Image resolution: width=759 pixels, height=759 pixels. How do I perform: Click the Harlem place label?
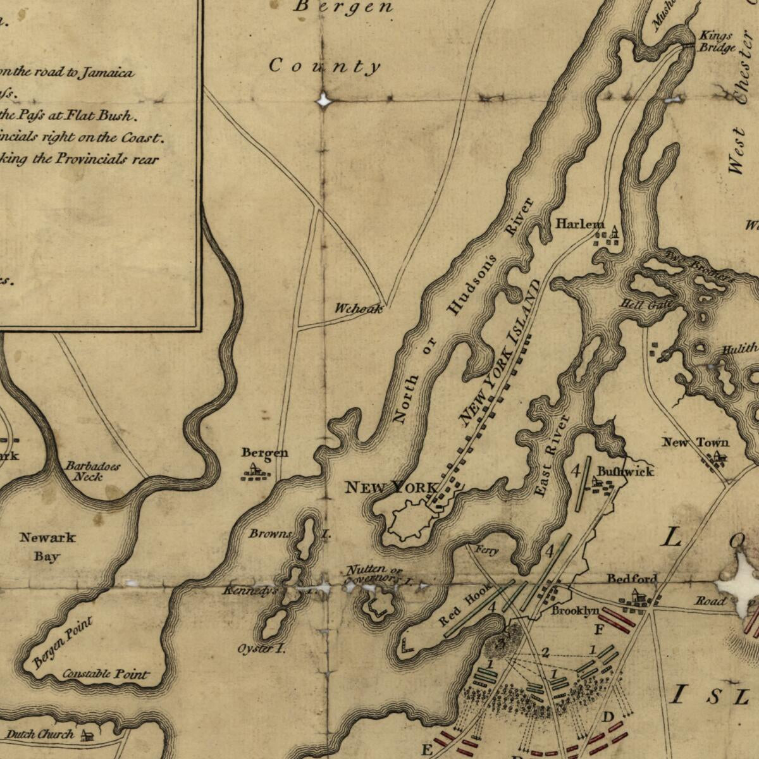pos(579,225)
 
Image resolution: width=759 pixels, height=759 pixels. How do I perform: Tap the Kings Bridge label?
pos(717,42)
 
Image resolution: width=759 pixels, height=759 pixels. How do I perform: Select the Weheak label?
pos(359,309)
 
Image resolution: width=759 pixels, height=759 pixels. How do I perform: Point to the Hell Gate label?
pos(642,305)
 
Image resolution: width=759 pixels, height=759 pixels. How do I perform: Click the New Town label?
pos(695,442)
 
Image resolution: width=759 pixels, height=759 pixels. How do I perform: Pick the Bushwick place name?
pos(626,471)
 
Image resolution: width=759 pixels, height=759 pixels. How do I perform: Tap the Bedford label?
pos(632,578)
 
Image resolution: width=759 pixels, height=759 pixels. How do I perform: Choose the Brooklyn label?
pos(574,610)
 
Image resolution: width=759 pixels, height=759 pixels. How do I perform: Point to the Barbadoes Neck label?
pos(92,471)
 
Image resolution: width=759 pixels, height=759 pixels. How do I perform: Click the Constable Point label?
pos(106,674)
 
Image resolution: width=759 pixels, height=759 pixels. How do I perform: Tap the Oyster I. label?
pos(261,649)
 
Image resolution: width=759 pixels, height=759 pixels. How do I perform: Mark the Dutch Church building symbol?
pos(87,735)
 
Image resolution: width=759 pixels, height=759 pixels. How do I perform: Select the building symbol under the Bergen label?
pos(255,471)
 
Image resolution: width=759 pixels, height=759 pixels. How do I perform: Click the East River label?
pos(552,455)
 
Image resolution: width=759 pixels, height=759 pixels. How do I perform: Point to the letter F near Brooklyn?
pos(599,629)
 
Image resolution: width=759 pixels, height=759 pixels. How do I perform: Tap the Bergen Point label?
pos(62,643)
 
